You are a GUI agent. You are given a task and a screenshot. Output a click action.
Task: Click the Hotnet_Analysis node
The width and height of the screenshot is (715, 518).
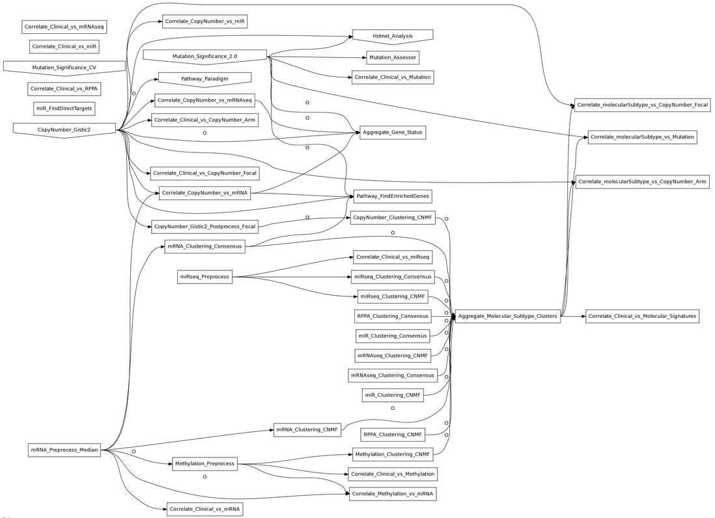pyautogui.click(x=393, y=35)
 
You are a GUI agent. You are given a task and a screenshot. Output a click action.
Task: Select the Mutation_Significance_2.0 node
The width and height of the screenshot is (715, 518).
pyautogui.click(x=204, y=57)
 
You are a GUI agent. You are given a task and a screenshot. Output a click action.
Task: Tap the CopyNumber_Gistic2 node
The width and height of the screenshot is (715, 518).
pyautogui.click(x=64, y=130)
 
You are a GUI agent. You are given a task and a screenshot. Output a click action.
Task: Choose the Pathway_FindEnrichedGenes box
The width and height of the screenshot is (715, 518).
pyautogui.click(x=392, y=195)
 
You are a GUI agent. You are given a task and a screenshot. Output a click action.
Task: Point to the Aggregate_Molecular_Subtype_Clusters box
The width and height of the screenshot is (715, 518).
pyautogui.click(x=507, y=317)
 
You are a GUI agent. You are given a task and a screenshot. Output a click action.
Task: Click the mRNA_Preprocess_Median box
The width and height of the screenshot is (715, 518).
pyautogui.click(x=64, y=450)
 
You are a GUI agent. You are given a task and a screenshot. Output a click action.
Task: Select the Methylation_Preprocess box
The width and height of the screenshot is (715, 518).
pyautogui.click(x=204, y=464)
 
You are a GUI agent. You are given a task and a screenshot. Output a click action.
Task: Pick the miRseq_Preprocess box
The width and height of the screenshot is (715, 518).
pyautogui.click(x=204, y=277)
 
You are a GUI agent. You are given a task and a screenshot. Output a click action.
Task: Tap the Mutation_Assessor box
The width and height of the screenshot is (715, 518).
pyautogui.click(x=392, y=58)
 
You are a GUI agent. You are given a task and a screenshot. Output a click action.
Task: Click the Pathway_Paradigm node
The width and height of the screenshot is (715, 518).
pyautogui.click(x=204, y=79)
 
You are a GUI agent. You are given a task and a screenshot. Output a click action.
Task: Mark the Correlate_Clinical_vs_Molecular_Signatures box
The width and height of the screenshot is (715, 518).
pyautogui.click(x=642, y=316)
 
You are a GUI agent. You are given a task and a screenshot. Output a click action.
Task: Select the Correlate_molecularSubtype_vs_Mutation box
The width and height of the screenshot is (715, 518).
pyautogui.click(x=642, y=137)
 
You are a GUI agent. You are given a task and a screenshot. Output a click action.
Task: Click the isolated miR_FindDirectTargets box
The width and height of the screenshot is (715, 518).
pyautogui.click(x=64, y=108)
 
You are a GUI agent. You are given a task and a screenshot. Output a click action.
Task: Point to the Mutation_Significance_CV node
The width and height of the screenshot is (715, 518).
pyautogui.click(x=64, y=68)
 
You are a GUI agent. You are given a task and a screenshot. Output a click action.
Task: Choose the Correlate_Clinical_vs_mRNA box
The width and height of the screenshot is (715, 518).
pyautogui.click(x=204, y=509)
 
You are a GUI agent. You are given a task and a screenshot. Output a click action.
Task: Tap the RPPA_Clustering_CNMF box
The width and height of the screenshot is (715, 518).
pyautogui.click(x=393, y=435)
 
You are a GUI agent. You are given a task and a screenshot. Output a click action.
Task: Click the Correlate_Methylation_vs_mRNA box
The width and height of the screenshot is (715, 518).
pyautogui.click(x=392, y=494)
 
